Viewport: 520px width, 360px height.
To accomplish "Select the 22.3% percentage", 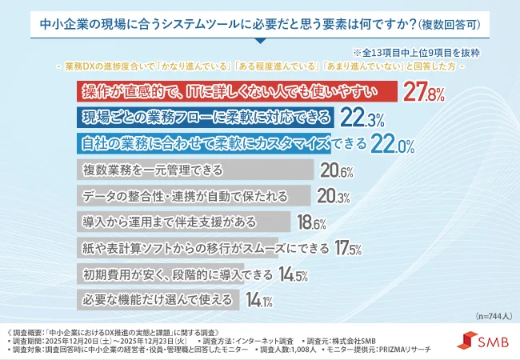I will pyautogui.click(x=362, y=118).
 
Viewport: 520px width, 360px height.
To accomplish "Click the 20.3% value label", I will pyautogui.click(x=334, y=196).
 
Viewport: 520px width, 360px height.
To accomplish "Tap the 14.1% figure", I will pyautogui.click(x=260, y=300).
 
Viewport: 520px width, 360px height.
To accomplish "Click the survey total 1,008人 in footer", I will pyautogui.click(x=298, y=350).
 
